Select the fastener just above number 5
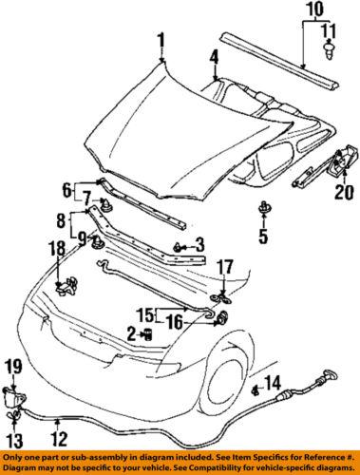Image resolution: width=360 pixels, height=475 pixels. pyautogui.click(x=262, y=206)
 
